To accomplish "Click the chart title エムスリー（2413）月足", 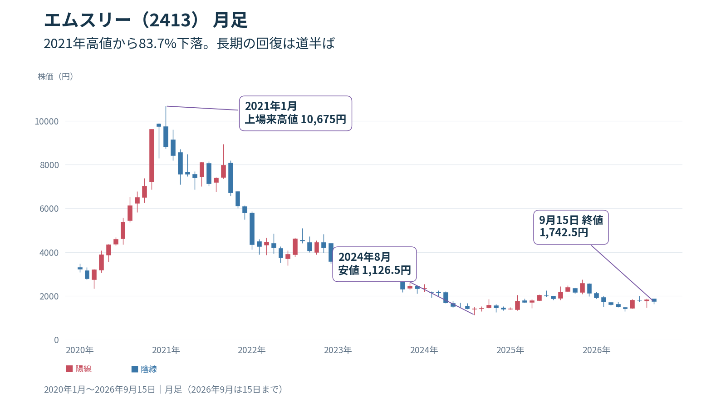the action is click(146, 20).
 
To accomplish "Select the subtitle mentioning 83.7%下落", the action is click(189, 44).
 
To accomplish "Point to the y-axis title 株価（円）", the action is click(55, 77).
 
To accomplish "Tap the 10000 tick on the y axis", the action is click(47, 121).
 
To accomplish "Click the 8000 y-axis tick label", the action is click(49, 165).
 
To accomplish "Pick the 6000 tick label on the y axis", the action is click(49, 209).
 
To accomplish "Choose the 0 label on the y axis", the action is click(56, 340).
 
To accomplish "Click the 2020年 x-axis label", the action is click(80, 350).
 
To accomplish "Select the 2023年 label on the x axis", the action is click(338, 350).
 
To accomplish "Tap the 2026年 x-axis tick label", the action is click(596, 350).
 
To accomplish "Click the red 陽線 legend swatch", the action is click(69, 369).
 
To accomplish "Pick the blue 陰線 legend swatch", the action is click(135, 369).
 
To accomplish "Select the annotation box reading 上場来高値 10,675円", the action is click(295, 113).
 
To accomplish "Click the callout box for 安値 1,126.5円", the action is click(375, 264).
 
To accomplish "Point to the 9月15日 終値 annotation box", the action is click(571, 227).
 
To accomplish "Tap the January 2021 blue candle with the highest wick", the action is click(166, 136).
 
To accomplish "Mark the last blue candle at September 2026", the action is click(654, 300).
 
